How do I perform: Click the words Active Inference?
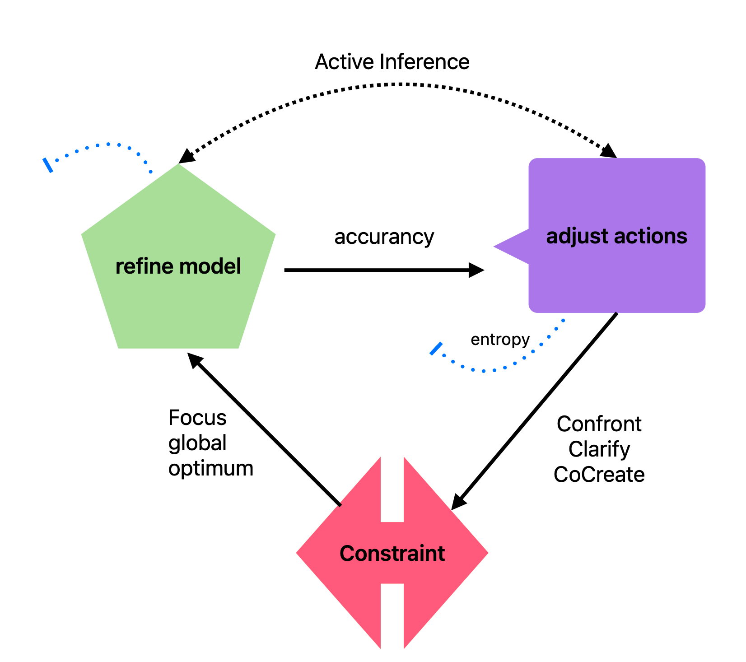click(392, 62)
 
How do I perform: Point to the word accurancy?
click(384, 237)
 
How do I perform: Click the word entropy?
click(500, 339)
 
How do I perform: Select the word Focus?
click(197, 418)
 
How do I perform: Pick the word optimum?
click(211, 468)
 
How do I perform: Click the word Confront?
click(599, 424)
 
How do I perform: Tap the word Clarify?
click(599, 449)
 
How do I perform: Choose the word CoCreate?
click(599, 475)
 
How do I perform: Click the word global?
click(197, 443)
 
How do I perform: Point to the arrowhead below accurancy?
click(476, 270)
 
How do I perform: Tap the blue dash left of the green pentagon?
click(48, 165)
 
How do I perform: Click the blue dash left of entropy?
click(436, 349)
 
